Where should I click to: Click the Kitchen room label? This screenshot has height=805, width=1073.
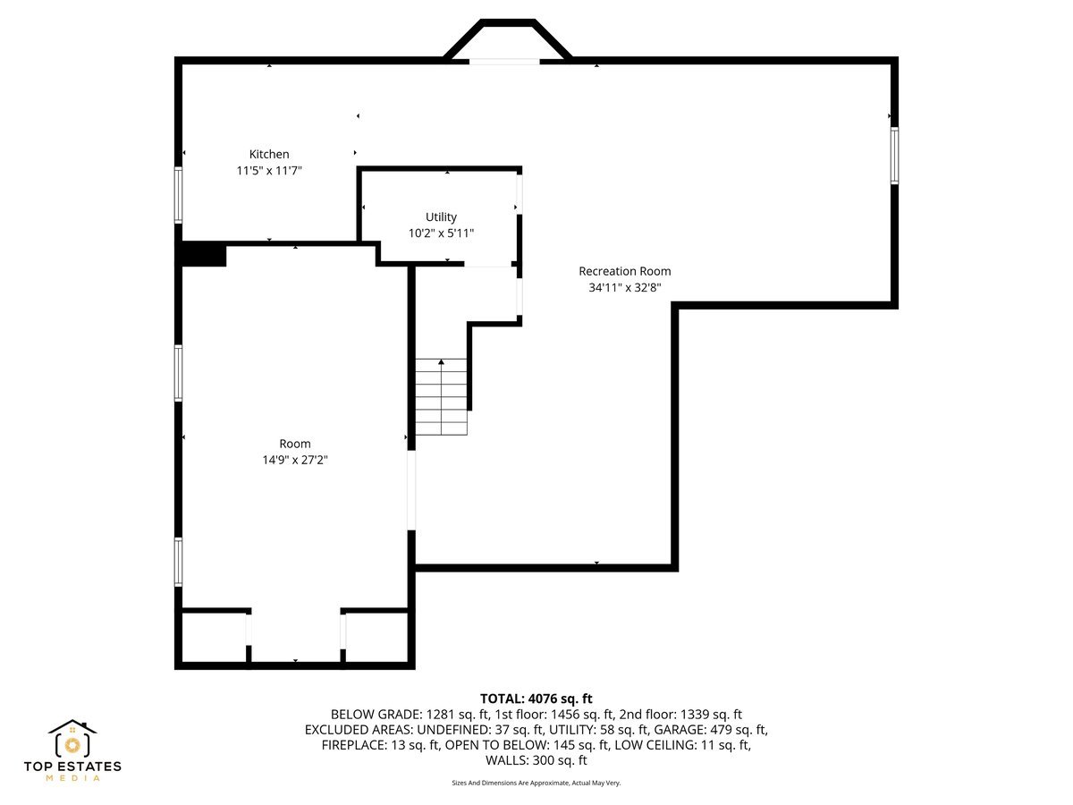(269, 155)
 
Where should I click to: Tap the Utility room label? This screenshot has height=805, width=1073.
(441, 217)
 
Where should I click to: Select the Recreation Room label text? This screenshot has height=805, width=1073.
(624, 272)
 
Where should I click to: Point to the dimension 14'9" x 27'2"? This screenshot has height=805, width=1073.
(295, 460)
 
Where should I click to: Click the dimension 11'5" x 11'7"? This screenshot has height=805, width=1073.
(269, 171)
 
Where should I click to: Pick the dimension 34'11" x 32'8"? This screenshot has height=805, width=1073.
(624, 288)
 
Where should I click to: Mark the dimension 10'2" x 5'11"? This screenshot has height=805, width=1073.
(441, 233)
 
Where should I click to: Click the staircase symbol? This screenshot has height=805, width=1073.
(442, 397)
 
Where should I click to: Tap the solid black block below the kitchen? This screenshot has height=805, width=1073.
(203, 254)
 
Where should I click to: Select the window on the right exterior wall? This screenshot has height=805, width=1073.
(894, 156)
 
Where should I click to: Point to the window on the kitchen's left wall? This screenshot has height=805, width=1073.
(179, 195)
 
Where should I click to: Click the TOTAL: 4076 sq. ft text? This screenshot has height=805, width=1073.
(536, 699)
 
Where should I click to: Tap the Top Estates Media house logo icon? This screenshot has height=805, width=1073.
(72, 740)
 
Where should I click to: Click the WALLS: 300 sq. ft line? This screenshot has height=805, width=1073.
(536, 761)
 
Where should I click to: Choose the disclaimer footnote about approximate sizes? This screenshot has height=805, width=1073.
(536, 783)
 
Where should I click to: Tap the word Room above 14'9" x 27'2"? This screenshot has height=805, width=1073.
(295, 444)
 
